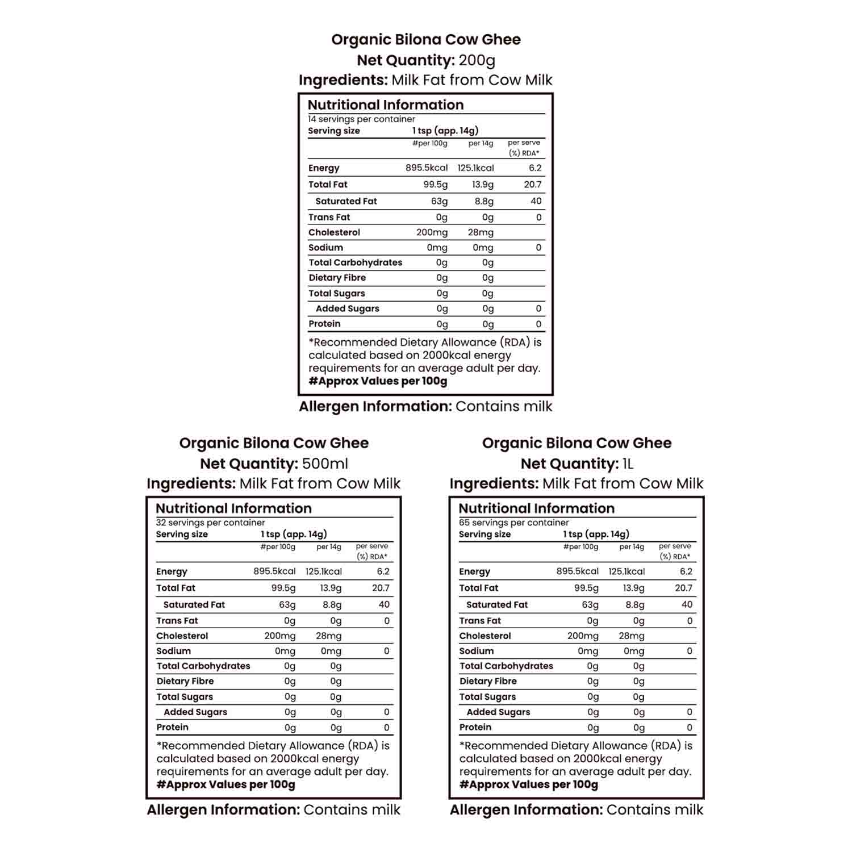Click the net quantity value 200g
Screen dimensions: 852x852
[477, 60]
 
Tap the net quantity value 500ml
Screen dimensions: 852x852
[325, 463]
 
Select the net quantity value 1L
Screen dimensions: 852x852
[628, 463]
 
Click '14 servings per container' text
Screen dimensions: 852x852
[361, 119]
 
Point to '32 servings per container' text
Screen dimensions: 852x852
[210, 523]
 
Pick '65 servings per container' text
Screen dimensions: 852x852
[513, 523]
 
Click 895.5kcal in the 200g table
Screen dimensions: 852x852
[426, 168]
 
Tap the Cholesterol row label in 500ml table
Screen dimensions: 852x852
[182, 636]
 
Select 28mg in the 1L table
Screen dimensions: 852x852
[631, 636]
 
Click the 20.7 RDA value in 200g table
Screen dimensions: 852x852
[532, 184]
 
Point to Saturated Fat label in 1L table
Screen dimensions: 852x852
[496, 605]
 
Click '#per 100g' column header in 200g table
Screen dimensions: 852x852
[429, 143]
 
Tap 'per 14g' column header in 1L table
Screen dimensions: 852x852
[632, 547]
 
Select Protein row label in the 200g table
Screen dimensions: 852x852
[324, 324]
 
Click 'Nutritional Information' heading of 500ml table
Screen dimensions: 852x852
[233, 508]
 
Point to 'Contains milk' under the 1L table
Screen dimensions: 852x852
[654, 809]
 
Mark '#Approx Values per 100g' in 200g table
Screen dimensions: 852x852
[378, 381]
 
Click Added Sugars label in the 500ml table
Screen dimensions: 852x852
[195, 712]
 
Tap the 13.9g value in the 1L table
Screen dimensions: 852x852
[633, 588]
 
